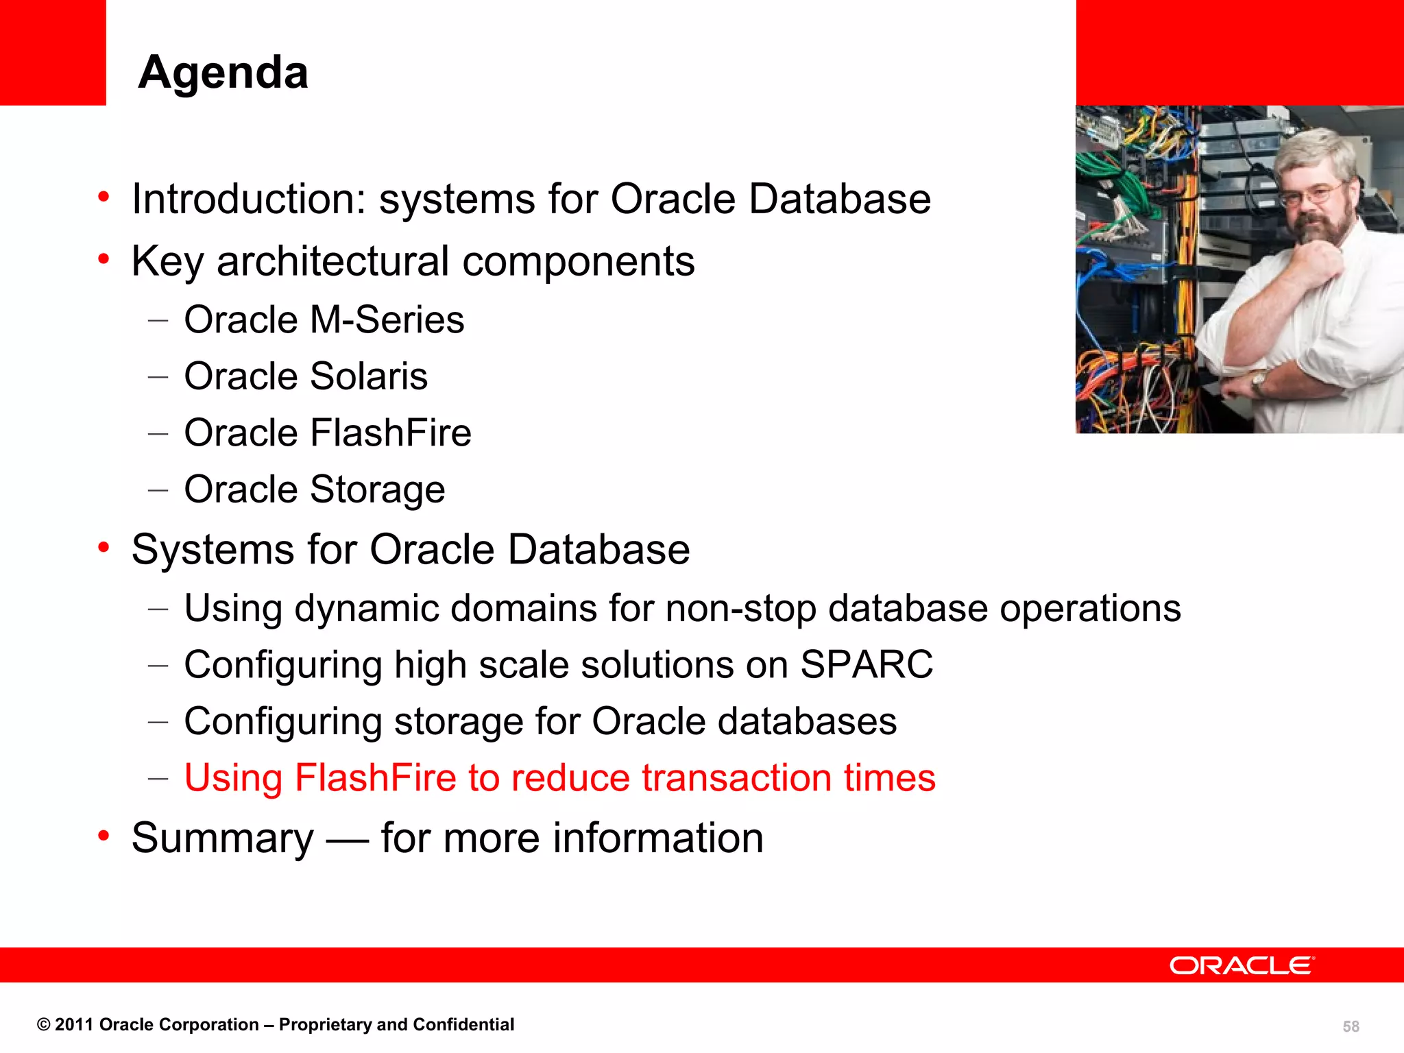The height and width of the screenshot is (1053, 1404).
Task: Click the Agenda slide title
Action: pyautogui.click(x=223, y=73)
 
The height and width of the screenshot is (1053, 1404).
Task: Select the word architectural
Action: pyautogui.click(x=332, y=262)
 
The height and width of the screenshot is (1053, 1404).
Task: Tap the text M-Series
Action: pyautogui.click(x=387, y=320)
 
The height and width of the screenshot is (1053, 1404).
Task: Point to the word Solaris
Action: pyautogui.click(x=368, y=376)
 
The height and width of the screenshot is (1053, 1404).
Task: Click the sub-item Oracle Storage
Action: pyautogui.click(x=314, y=489)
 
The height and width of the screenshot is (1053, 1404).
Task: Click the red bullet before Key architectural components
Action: pyautogui.click(x=104, y=260)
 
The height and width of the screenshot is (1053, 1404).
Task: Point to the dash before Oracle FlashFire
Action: pyautogui.click(x=158, y=434)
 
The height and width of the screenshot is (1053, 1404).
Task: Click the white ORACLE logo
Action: pyautogui.click(x=1242, y=965)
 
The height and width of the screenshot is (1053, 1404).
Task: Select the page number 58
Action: pyautogui.click(x=1351, y=1026)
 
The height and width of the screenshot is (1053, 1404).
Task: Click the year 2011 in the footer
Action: pyautogui.click(x=73, y=1025)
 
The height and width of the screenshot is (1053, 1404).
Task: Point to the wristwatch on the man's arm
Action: pyautogui.click(x=1258, y=380)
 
